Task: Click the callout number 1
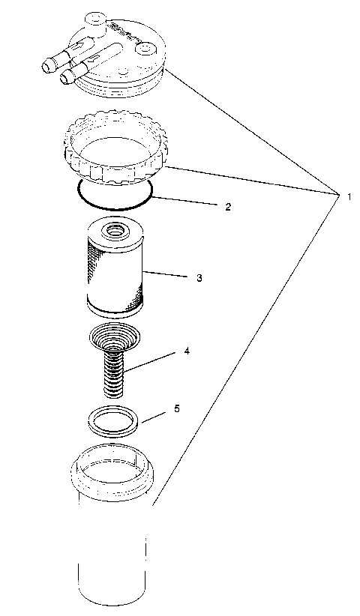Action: [349, 196]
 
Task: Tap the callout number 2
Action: [228, 205]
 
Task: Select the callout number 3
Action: [199, 277]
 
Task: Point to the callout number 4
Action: [186, 351]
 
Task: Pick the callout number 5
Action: [176, 409]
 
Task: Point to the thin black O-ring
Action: [112, 205]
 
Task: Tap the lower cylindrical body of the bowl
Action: [112, 555]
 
